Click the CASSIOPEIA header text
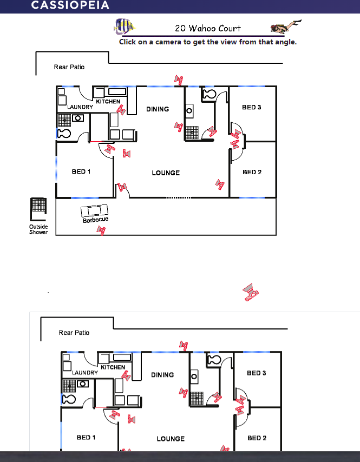[70, 5]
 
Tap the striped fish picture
[125, 27]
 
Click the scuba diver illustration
[286, 26]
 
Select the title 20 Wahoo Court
[208, 28]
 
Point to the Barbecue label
[95, 220]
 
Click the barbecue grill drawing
[94, 210]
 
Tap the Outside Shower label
[38, 229]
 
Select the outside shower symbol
[38, 209]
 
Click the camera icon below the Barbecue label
[101, 230]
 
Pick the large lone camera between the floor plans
[251, 292]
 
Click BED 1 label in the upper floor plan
[81, 171]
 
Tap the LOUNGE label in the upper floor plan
[166, 173]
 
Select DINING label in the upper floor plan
[158, 109]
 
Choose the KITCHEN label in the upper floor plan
[108, 101]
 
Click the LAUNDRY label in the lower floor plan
[85, 373]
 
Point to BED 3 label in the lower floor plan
[257, 373]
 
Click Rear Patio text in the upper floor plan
[69, 67]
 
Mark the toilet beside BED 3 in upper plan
[210, 94]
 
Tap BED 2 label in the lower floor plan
[257, 438]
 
